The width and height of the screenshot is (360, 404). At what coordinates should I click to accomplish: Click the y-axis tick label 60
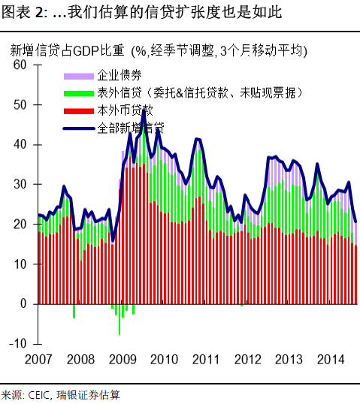click(x=20, y=65)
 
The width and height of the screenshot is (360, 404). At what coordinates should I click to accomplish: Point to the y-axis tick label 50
click(x=20, y=105)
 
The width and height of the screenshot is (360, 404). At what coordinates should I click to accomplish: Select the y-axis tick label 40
click(x=20, y=145)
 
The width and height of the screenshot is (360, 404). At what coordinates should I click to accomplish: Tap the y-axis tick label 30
click(x=20, y=185)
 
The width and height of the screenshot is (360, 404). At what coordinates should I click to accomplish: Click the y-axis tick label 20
click(x=20, y=225)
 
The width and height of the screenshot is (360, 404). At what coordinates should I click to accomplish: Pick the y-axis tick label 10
click(x=20, y=264)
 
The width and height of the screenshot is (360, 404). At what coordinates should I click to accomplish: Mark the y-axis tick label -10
click(x=17, y=343)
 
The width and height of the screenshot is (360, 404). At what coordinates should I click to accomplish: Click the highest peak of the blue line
click(x=144, y=110)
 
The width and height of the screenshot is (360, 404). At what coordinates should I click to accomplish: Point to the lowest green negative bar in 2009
click(x=119, y=333)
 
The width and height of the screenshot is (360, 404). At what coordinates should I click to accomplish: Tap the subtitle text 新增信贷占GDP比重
click(x=68, y=51)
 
